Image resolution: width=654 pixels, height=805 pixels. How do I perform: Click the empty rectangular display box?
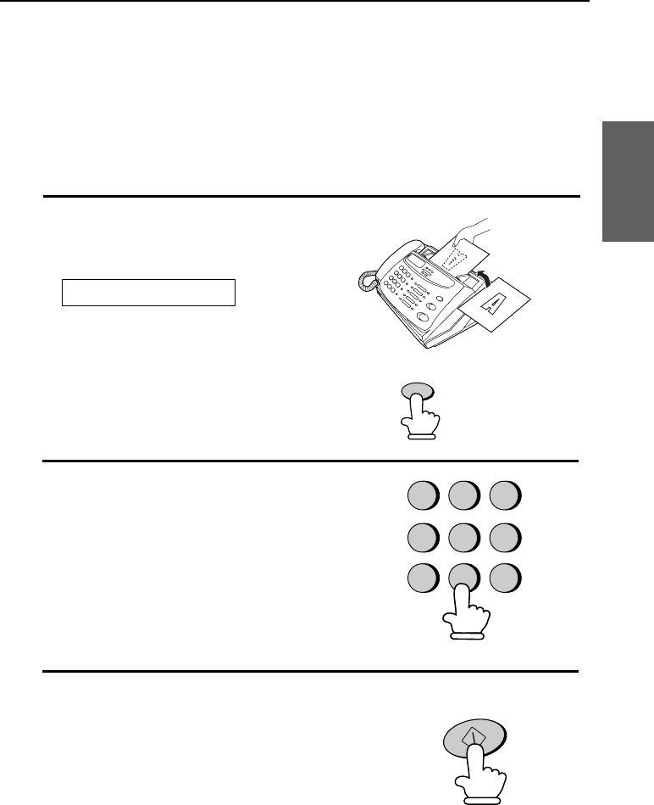pyautogui.click(x=148, y=293)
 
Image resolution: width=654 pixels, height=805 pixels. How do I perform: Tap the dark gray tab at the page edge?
pyautogui.click(x=628, y=182)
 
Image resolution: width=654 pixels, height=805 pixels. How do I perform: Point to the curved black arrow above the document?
pyautogui.click(x=481, y=277)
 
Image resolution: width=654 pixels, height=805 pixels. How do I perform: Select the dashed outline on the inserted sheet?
pyautogui.click(x=455, y=260)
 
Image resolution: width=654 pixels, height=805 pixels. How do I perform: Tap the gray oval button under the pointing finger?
pyautogui.click(x=418, y=392)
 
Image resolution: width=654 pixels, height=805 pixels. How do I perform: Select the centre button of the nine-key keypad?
pyautogui.click(x=464, y=538)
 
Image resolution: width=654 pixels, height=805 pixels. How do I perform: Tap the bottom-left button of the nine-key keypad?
pyautogui.click(x=424, y=579)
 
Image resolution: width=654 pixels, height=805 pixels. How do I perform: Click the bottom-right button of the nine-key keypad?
pyautogui.click(x=505, y=579)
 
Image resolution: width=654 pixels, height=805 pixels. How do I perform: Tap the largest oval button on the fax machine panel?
pyautogui.click(x=424, y=317)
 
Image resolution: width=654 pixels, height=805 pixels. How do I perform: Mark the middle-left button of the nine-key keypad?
pyautogui.click(x=424, y=538)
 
